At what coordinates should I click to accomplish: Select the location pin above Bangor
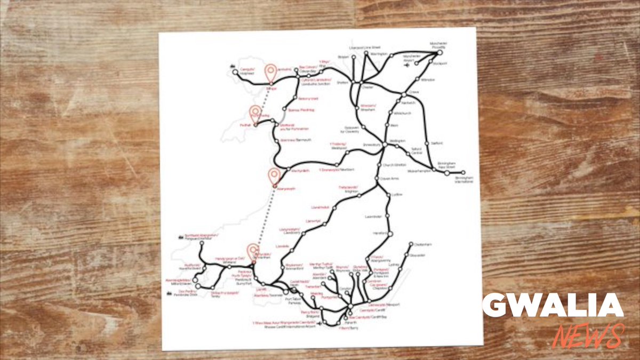coord(271,73)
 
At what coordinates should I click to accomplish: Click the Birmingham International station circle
coord(463,173)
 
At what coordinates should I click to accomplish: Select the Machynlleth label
coord(301,171)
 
